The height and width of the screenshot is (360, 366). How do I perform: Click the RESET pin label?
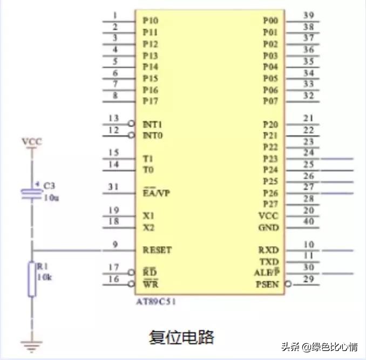[x=157, y=250]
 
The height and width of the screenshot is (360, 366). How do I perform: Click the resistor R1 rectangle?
[x=32, y=279]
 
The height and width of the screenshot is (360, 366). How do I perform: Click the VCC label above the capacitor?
[x=31, y=142]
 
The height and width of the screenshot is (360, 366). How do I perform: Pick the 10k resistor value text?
[x=44, y=277]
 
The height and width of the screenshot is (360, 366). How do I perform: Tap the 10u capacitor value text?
[x=51, y=198]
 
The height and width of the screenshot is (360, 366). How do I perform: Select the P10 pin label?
[x=151, y=21]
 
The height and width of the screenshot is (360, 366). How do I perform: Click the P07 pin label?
[x=270, y=101]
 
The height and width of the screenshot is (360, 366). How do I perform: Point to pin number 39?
[x=309, y=16]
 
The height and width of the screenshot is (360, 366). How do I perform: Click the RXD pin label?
[x=269, y=250]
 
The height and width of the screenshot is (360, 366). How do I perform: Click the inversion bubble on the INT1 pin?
[x=131, y=124]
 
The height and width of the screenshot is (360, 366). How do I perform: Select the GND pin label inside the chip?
[x=268, y=227]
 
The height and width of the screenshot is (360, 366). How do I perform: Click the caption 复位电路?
[x=181, y=337]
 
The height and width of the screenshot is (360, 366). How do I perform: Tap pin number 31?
[x=113, y=187]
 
